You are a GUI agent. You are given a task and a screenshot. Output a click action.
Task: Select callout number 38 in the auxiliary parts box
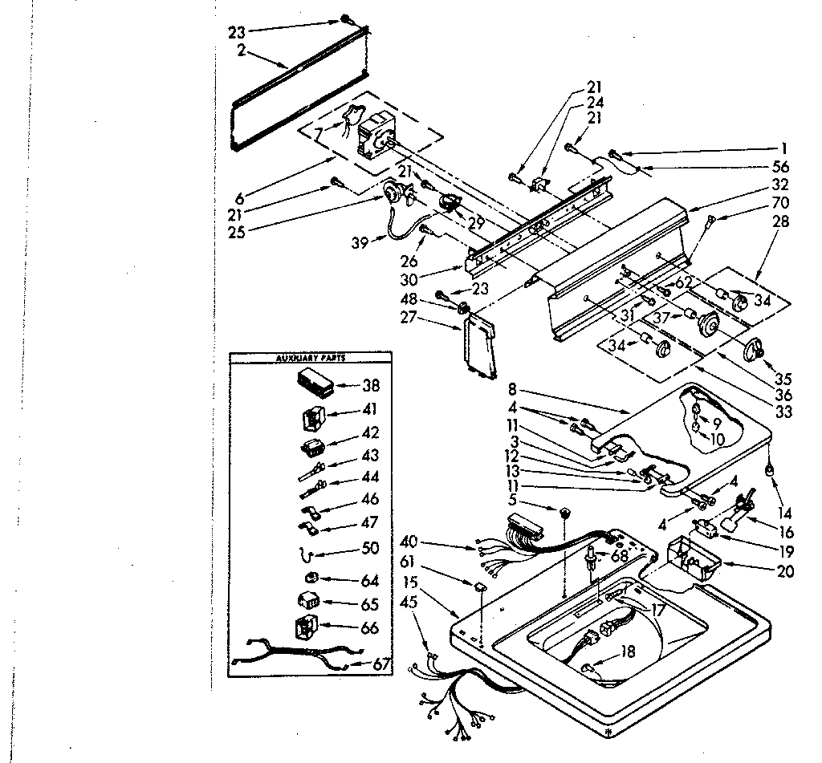[x=371, y=385]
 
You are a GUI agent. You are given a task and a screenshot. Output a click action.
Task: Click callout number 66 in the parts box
[x=369, y=628]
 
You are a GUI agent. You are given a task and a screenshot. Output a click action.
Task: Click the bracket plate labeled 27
[x=480, y=345]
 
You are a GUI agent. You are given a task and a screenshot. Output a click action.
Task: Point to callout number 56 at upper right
[x=779, y=167]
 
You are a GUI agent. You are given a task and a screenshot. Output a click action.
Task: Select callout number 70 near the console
[x=779, y=203]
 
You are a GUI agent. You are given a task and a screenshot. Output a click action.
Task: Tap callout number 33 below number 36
[x=784, y=412]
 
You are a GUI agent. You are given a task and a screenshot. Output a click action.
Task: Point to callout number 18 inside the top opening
[x=627, y=652]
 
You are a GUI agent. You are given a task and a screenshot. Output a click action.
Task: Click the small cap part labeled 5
[x=566, y=511]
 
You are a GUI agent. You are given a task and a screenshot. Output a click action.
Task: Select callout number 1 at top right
[x=784, y=148]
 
